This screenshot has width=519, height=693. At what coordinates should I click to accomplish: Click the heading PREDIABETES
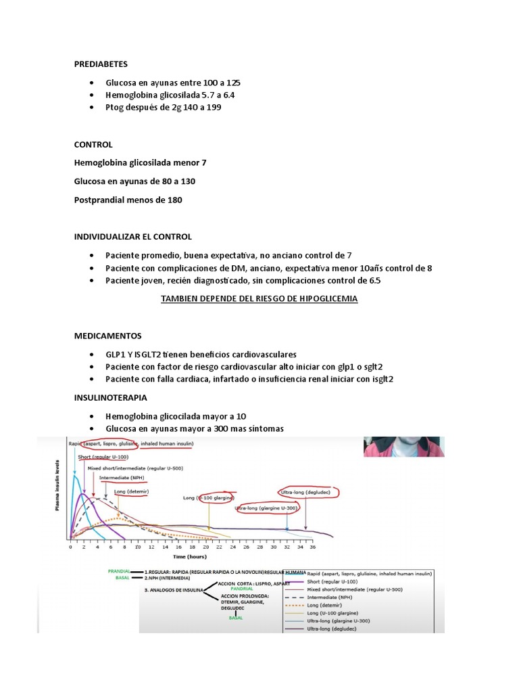click(x=101, y=65)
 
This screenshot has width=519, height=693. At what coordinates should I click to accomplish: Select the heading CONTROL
click(x=93, y=145)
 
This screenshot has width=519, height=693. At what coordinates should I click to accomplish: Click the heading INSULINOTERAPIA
click(x=110, y=397)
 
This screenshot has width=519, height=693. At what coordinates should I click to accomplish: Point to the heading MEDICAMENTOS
click(x=107, y=336)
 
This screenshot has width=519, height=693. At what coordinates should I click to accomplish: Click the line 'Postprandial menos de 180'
click(x=128, y=200)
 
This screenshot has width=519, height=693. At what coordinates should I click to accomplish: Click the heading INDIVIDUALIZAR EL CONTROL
click(x=132, y=237)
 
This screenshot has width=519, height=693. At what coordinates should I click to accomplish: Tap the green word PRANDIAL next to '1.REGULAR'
click(x=118, y=571)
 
